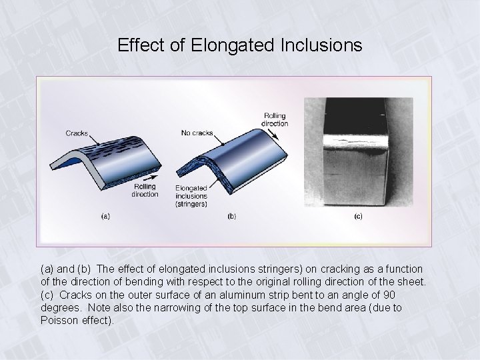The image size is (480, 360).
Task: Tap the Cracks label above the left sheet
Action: pos(77,133)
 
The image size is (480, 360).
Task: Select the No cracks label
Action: pos(197,133)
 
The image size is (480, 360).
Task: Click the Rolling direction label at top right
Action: pos(275,119)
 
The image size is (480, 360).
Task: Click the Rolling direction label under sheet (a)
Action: pos(145,190)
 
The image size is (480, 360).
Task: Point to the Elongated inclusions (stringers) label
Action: pos(191,196)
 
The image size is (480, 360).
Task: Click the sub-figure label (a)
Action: pos(105,216)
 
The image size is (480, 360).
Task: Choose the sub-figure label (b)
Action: pos(231,216)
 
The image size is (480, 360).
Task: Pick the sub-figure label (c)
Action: pos(358,216)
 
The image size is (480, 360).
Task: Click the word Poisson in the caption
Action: pos(60,320)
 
